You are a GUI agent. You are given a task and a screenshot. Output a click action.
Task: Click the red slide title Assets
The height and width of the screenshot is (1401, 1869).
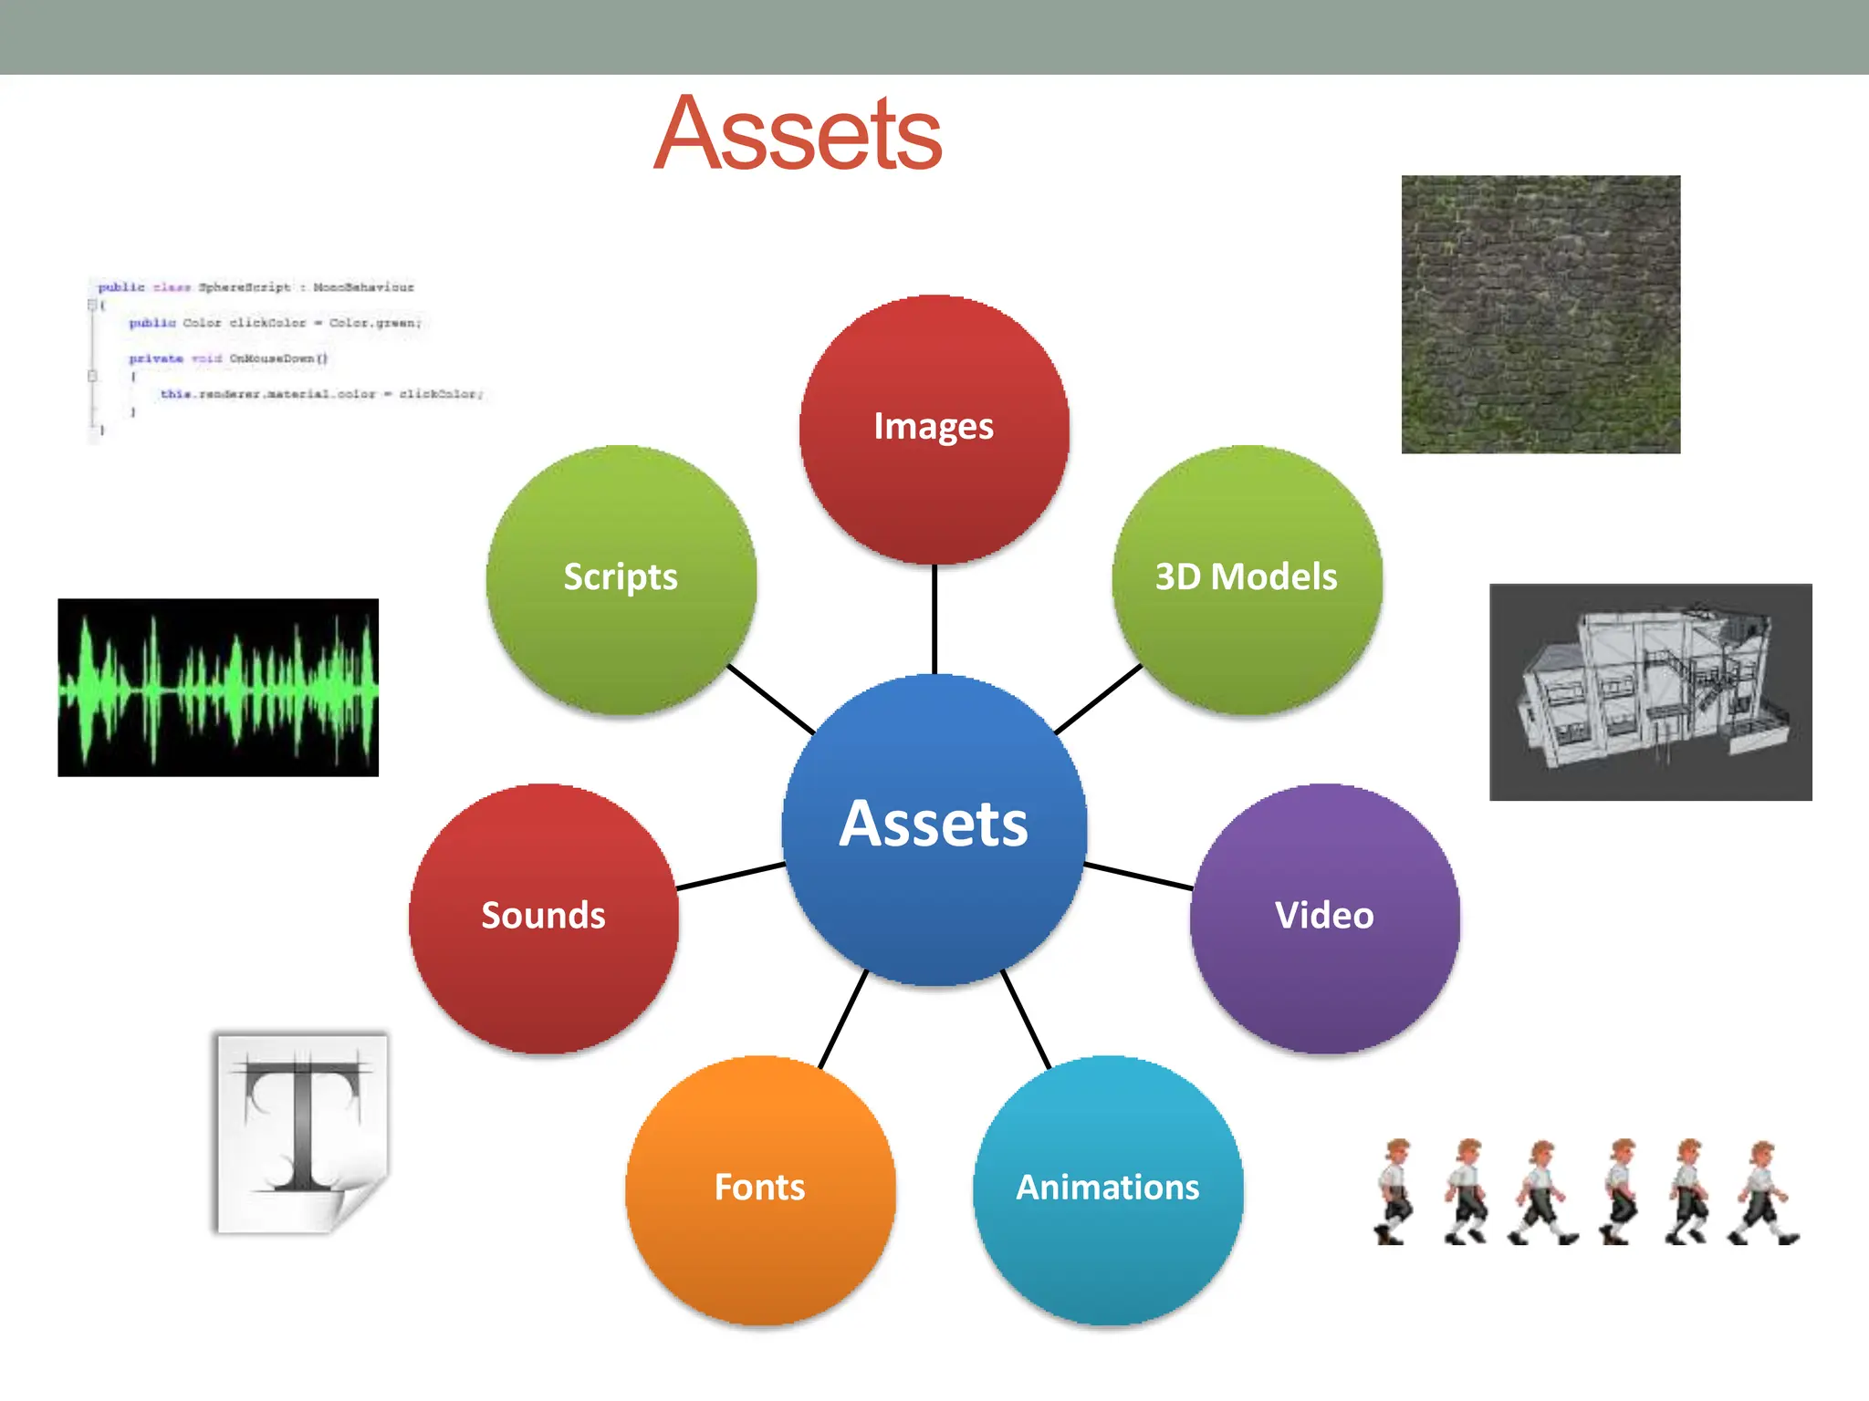[798, 135]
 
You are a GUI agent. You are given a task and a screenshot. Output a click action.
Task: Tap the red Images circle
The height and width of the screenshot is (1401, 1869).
[934, 429]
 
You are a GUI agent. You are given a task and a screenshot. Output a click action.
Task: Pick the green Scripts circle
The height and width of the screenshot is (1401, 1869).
[621, 579]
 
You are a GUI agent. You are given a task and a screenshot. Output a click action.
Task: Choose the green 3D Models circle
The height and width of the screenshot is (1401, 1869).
[1247, 579]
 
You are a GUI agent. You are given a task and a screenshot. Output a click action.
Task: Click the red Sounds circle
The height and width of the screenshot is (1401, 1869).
[544, 918]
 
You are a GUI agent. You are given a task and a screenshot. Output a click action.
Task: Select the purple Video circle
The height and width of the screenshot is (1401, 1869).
[1324, 918]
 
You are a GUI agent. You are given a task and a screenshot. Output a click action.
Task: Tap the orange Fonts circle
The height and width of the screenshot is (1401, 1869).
[760, 1189]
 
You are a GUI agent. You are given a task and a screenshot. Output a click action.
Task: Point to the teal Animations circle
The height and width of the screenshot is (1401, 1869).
[1108, 1189]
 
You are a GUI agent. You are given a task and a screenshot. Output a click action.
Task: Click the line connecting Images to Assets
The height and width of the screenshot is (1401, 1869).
[934, 620]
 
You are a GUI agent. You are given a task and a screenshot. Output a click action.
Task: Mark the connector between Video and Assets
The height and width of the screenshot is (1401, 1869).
[1139, 876]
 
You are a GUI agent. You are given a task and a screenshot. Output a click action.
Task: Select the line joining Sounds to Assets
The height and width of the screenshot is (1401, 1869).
[730, 876]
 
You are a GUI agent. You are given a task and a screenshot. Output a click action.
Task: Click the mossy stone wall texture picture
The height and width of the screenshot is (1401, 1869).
[1540, 314]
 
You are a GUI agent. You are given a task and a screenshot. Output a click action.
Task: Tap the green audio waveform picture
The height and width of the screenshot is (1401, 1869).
[218, 687]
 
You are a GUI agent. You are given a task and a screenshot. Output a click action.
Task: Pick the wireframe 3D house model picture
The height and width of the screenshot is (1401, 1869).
[1650, 691]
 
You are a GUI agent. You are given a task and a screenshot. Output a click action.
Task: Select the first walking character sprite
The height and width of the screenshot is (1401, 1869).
[1394, 1190]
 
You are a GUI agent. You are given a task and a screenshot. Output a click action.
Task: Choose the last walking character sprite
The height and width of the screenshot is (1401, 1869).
[1763, 1190]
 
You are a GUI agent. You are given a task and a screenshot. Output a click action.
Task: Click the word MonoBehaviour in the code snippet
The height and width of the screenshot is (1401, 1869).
[363, 287]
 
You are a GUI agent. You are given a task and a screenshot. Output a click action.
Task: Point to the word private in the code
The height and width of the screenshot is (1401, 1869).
[155, 358]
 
